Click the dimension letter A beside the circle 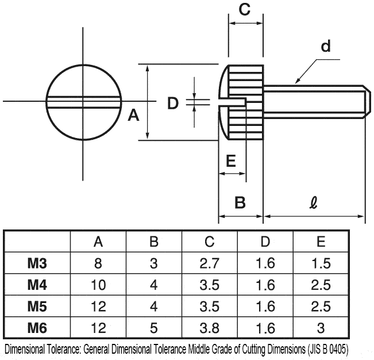tap(133, 116)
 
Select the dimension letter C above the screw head tap(244, 9)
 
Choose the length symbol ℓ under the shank tap(314, 202)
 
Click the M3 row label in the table tap(37, 263)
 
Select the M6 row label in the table tap(37, 328)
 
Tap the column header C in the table tap(209, 242)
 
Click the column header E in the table tap(321, 242)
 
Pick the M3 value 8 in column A tap(98, 263)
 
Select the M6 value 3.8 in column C tap(209, 328)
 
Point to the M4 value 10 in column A tap(98, 285)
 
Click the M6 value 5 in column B tap(153, 328)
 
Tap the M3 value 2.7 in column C tap(209, 263)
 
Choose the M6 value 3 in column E tap(321, 328)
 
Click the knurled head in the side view tap(246, 102)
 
